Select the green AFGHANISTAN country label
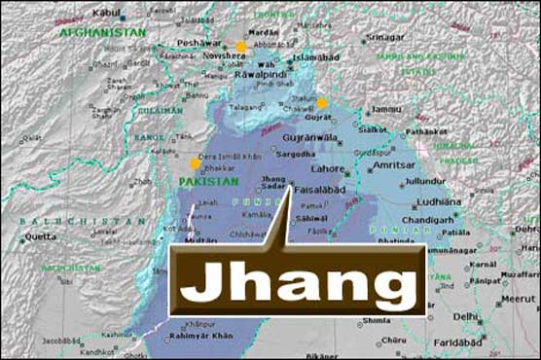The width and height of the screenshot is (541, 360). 101,32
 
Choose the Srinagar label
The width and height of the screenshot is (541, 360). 385,37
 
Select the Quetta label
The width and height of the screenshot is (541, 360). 40,235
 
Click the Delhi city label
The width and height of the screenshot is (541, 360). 465,316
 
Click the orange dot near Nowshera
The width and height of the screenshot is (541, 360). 240,46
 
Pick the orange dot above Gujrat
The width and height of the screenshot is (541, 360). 322,103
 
